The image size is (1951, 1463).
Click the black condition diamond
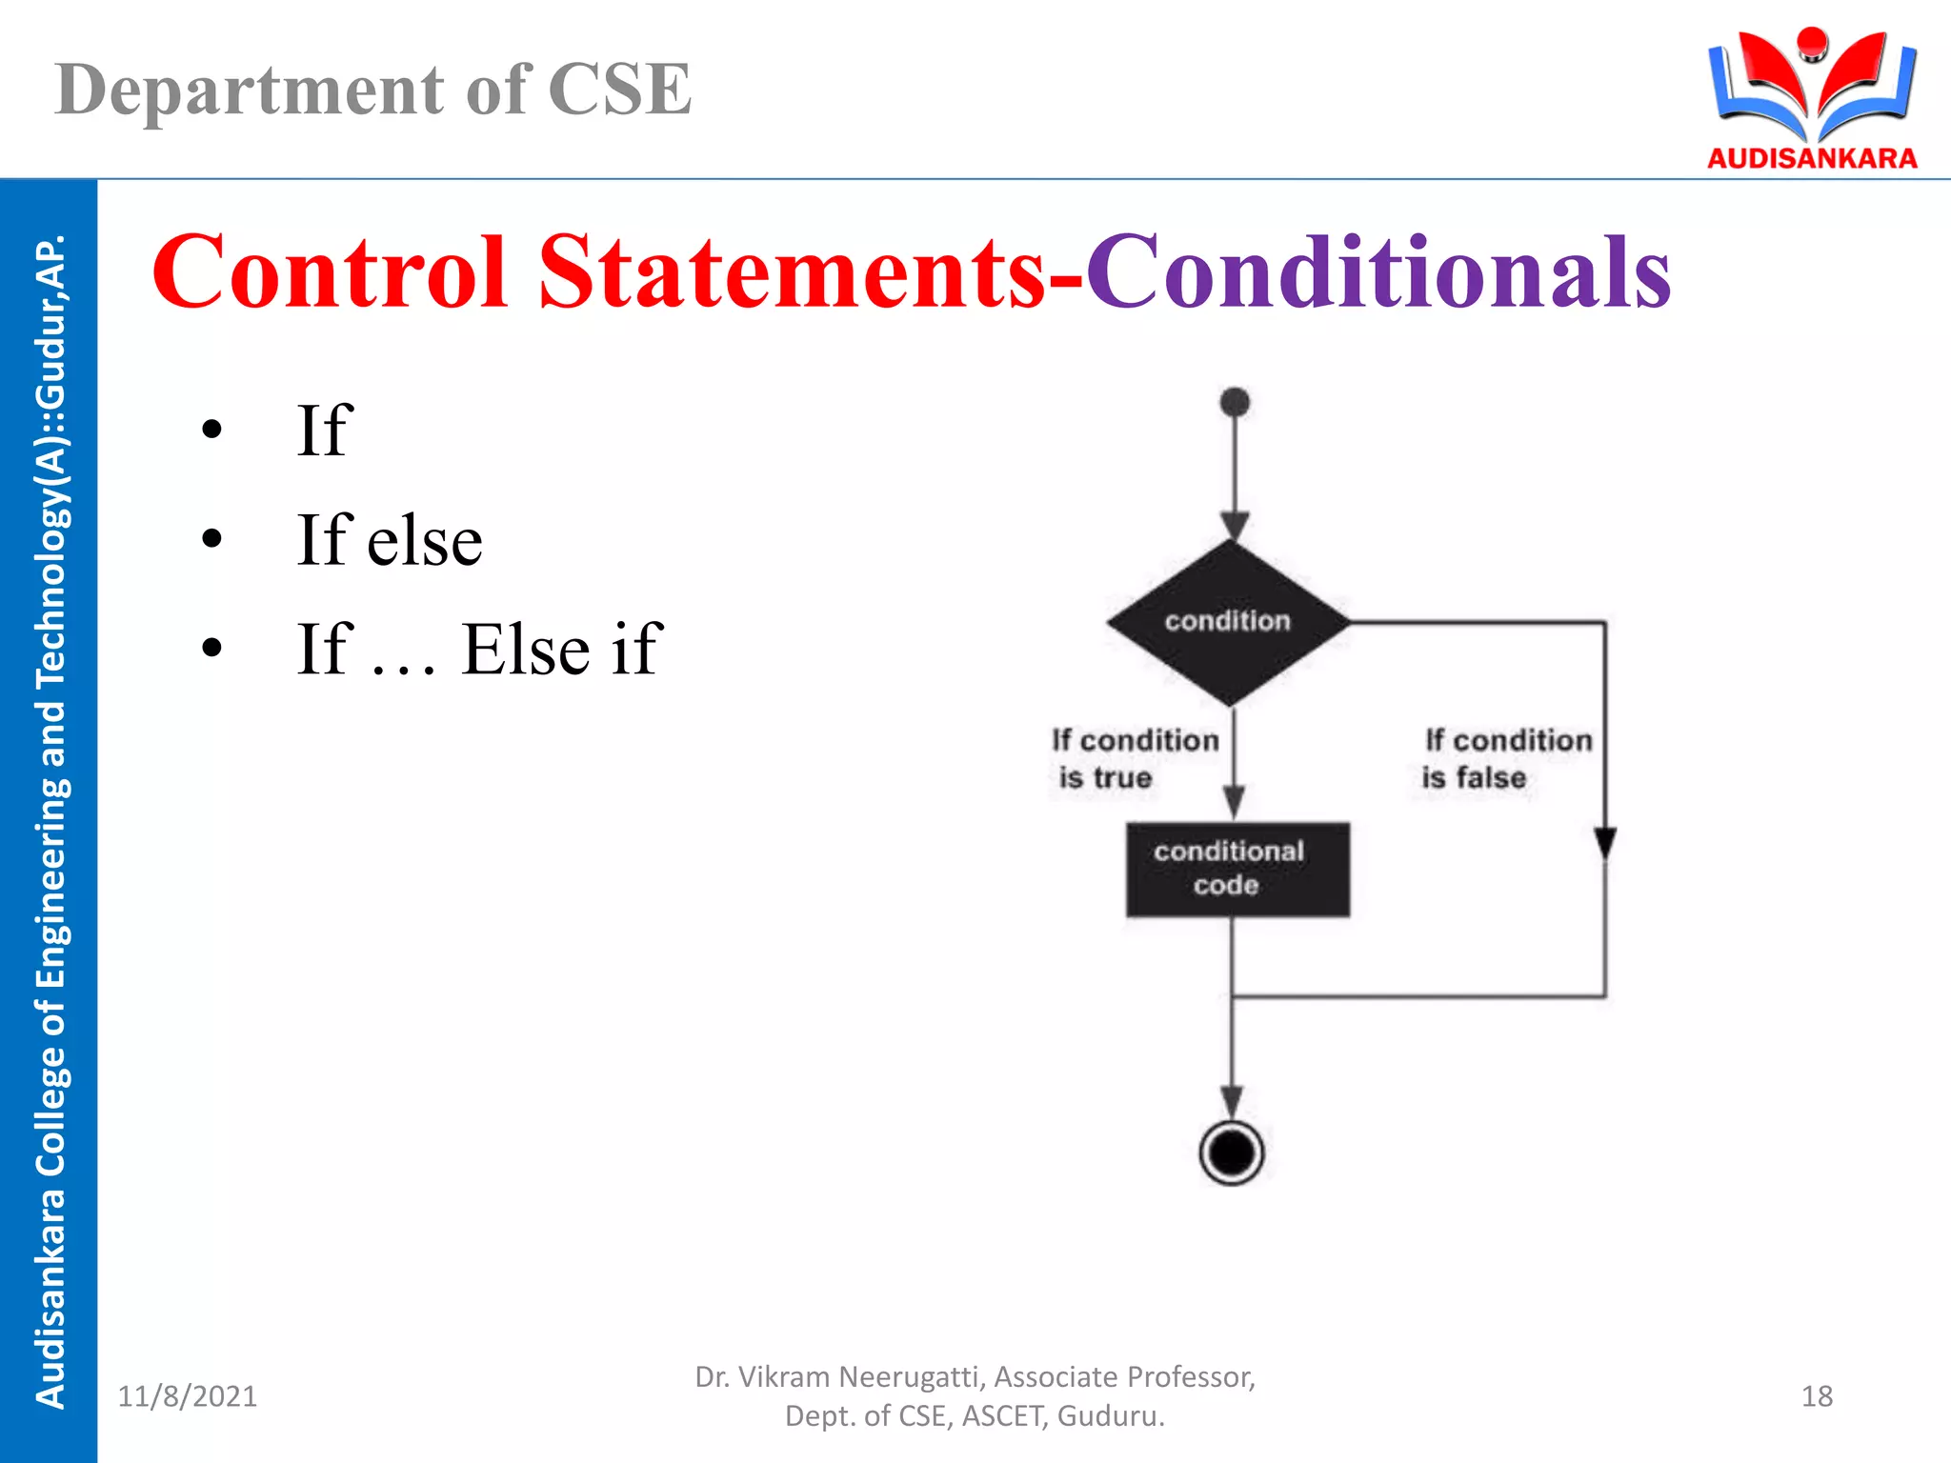1228,622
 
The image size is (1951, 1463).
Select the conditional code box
1237,869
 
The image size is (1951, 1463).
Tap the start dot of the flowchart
1235,402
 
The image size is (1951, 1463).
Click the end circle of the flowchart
1232,1152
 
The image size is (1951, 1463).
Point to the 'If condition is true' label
1134,758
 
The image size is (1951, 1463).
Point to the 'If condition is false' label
1506,758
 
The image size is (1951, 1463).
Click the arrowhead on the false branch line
1605,842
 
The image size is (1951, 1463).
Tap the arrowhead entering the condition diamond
1235,525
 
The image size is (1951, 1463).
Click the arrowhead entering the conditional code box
1234,802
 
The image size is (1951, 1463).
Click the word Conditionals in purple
1378,272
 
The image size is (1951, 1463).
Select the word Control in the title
330,272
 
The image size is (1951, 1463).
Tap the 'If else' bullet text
389,540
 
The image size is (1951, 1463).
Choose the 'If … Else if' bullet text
478,649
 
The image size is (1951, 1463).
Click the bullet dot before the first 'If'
211,430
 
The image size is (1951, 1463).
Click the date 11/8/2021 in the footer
187,1395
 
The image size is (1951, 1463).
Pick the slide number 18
1817,1395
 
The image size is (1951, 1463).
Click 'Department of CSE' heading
372,90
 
